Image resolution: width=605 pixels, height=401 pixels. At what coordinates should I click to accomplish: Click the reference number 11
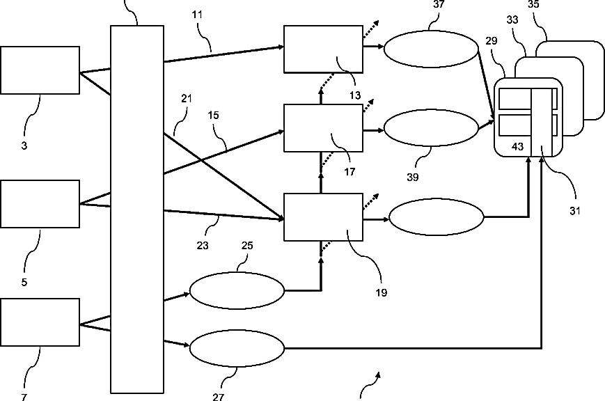click(197, 15)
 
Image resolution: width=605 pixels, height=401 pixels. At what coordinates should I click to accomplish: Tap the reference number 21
click(187, 98)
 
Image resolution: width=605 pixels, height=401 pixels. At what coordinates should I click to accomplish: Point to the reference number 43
click(517, 147)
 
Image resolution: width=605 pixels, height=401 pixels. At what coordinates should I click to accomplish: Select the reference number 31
click(575, 211)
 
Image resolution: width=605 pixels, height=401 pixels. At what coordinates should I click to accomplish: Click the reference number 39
click(412, 177)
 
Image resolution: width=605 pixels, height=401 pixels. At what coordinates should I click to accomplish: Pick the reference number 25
click(247, 246)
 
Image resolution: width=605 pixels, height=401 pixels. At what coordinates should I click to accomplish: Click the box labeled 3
click(40, 70)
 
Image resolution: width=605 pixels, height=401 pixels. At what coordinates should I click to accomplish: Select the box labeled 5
click(40, 204)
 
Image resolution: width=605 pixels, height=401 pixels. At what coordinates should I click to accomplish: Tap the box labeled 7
click(40, 322)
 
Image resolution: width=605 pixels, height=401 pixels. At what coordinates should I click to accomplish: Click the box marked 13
click(323, 49)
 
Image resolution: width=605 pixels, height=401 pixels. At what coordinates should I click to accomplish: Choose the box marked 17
click(323, 127)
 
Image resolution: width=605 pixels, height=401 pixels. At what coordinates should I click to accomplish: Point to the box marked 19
click(323, 217)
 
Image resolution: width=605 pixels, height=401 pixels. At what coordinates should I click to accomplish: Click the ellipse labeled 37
click(431, 49)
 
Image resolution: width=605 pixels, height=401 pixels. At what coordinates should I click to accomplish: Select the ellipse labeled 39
click(431, 127)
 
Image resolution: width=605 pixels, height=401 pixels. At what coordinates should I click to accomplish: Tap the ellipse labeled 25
click(237, 290)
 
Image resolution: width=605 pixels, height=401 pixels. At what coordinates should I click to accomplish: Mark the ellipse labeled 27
click(237, 348)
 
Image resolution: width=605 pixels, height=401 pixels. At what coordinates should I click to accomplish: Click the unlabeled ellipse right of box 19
click(437, 217)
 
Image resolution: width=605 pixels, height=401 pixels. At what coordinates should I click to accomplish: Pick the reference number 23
click(203, 246)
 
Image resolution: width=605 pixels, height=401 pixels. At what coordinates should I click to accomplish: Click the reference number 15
click(213, 116)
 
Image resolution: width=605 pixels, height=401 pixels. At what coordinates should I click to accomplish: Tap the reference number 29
click(492, 40)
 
